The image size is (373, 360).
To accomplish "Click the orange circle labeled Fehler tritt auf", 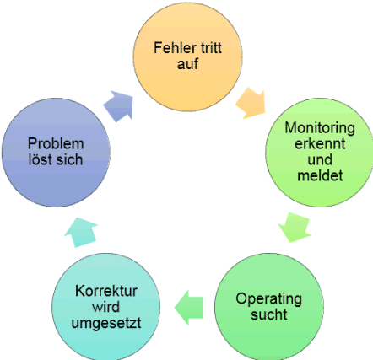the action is tap(187, 57).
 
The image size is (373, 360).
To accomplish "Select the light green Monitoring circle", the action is tap(320, 153).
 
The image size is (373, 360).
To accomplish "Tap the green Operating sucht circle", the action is tap(269, 307).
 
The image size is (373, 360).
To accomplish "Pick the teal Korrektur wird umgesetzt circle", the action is tap(106, 307).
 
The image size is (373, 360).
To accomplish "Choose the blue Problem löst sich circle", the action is tap(56, 153).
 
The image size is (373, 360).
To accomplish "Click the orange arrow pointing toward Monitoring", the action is tap(251, 103).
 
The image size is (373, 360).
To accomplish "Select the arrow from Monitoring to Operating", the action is tap(295, 228).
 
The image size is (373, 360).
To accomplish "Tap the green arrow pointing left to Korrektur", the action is tap(189, 308).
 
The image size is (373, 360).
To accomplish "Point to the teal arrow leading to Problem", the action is tap(81, 232).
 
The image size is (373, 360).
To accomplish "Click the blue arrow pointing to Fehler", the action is tap(119, 106).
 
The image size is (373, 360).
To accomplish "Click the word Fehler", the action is tap(172, 48).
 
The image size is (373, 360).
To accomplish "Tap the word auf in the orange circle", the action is tap(187, 63).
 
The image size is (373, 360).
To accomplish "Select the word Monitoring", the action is tap(320, 128).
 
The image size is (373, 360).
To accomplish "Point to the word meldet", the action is tap(320, 175).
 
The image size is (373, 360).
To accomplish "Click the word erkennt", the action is tap(320, 143).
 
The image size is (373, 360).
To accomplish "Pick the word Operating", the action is tap(269, 299).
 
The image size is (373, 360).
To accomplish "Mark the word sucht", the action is tap(269, 314).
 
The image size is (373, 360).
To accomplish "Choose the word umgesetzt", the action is tap(106, 323).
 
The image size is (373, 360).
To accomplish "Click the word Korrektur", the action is tap(106, 291).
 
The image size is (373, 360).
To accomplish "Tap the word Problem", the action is tap(56, 144).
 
